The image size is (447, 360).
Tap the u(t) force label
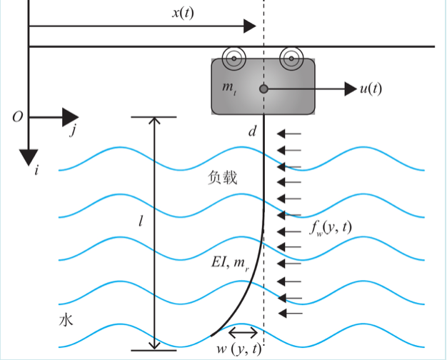pos(371,89)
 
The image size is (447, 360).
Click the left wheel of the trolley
pos(233,57)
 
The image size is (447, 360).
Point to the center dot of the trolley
pos(263,89)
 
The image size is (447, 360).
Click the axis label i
pos(36,169)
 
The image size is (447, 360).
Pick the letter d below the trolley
pos(251,131)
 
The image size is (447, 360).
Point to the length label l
pos(141,222)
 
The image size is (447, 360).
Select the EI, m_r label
pos(231,263)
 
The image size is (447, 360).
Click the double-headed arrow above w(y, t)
pos(243,332)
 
